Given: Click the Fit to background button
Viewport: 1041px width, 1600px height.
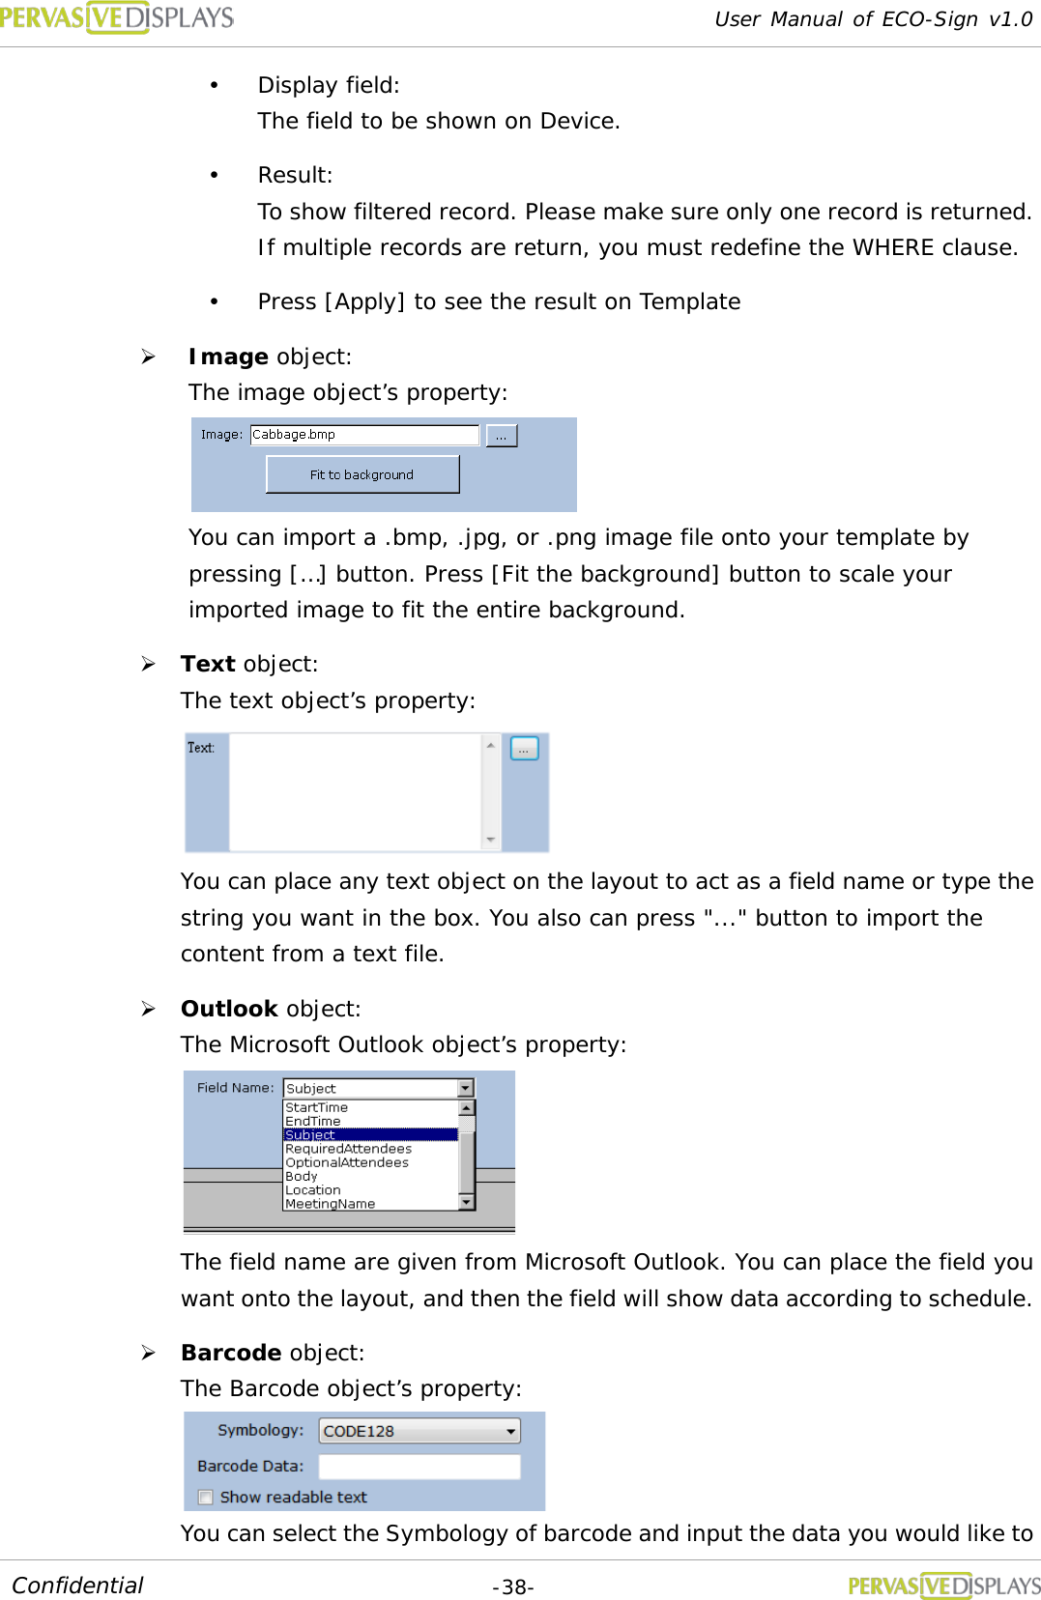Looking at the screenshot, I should coord(362,474).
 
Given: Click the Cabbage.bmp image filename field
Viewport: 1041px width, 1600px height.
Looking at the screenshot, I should coord(364,435).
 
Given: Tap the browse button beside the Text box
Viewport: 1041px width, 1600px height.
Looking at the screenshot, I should coord(524,749).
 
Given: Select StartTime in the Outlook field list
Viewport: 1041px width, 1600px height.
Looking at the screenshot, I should coord(317,1107).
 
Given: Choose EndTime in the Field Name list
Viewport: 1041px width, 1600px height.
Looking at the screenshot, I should coord(313,1121).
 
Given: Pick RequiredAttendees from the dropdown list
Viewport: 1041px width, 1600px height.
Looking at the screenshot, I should coord(348,1149).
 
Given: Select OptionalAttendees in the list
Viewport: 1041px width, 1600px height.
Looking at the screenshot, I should coord(347,1162).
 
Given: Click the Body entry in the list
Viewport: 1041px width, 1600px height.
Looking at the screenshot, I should coord(302,1176).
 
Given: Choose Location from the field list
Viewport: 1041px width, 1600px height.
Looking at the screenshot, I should coord(313,1190).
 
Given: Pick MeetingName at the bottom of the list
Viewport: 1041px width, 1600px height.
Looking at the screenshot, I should coord(330,1204).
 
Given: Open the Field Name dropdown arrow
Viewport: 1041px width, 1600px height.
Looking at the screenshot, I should coord(466,1088).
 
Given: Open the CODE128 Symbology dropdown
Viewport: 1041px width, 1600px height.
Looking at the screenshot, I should coord(419,1431).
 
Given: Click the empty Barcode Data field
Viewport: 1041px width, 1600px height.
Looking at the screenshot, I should coord(419,1467).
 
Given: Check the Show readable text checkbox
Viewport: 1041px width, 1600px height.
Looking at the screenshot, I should coord(205,1498).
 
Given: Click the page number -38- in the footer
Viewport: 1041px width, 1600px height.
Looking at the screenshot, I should coord(513,1587).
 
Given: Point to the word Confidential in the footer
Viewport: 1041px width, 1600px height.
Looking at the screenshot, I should coord(77,1586).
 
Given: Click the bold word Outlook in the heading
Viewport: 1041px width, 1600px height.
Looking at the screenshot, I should coord(229,1009).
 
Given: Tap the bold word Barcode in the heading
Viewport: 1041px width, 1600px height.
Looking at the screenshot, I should coord(231,1353).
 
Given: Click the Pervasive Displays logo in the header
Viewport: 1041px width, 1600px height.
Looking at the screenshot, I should coord(117,17).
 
